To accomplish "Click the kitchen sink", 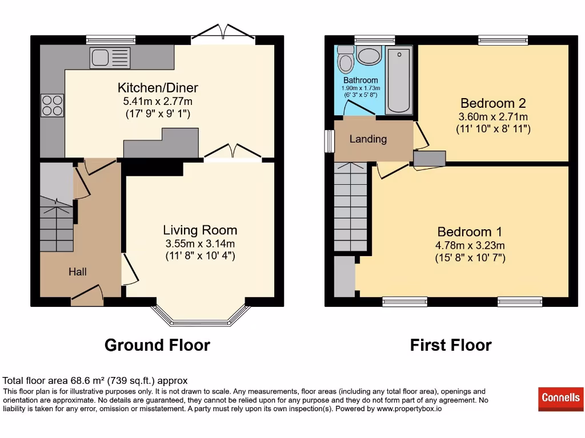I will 110,56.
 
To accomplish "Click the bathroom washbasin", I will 369,56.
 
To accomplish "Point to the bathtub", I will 399,80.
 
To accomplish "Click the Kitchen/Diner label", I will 158,88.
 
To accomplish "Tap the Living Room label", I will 200,230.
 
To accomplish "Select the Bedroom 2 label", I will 493,103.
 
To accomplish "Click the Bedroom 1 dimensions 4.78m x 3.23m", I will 470,246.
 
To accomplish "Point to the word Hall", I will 78,271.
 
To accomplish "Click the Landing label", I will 368,139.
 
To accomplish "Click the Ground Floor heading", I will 157,345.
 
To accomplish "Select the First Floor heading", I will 451,345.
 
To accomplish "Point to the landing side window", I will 329,141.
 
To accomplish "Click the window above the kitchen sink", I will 111,40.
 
